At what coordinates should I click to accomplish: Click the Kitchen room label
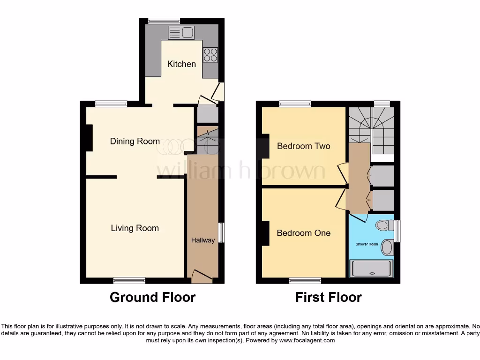[181, 64]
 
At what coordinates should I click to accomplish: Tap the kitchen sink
[181, 33]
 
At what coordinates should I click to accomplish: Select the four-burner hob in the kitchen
[210, 55]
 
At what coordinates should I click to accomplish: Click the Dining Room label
[135, 141]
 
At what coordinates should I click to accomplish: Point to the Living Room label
[135, 228]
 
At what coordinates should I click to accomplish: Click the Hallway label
[203, 240]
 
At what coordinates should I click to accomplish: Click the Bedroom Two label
[303, 146]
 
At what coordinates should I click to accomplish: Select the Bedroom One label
[303, 233]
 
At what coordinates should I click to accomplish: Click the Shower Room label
[367, 244]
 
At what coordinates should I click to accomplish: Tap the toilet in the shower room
[384, 225]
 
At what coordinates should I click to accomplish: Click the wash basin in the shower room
[387, 247]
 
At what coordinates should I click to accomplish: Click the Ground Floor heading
[152, 297]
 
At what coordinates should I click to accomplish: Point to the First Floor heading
[328, 297]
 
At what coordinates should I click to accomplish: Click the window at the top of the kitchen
[164, 21]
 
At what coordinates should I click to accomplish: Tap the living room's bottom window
[129, 280]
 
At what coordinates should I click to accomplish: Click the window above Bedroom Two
[295, 104]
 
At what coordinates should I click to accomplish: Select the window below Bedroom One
[305, 280]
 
